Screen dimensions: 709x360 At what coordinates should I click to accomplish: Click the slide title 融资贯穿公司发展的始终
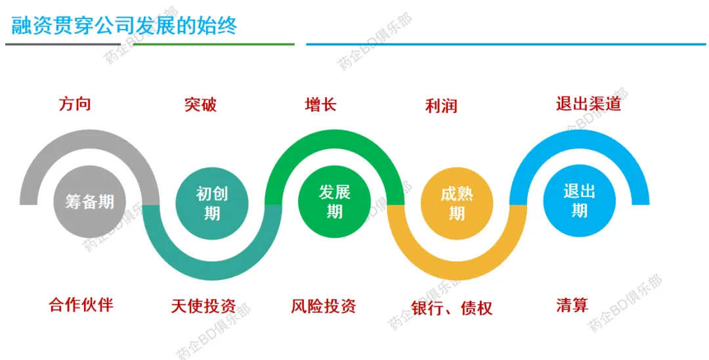124,26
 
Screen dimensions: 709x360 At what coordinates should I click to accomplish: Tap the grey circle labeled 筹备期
89,202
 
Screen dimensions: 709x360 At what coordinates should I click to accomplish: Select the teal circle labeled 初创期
211,204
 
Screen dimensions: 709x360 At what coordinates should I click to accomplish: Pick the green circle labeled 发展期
334,202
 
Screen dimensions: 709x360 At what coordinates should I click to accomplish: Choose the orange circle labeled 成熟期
457,204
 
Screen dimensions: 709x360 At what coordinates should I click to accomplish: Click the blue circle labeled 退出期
579,201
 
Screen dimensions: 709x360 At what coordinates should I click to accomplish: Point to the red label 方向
75,104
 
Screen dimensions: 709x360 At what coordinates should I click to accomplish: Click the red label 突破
200,105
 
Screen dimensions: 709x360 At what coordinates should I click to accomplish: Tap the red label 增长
320,105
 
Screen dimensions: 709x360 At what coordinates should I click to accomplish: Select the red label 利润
441,106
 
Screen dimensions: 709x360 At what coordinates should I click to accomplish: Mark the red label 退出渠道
589,104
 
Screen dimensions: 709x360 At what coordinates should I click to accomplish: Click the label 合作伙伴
81,305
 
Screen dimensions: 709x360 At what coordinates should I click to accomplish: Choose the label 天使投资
204,306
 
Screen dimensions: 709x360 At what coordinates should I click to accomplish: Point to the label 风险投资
323,306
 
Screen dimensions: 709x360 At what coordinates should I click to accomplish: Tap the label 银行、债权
452,308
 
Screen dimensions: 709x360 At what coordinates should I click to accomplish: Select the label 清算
572,305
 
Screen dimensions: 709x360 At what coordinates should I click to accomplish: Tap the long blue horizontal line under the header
506,44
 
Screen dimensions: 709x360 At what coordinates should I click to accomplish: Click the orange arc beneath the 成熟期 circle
457,271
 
